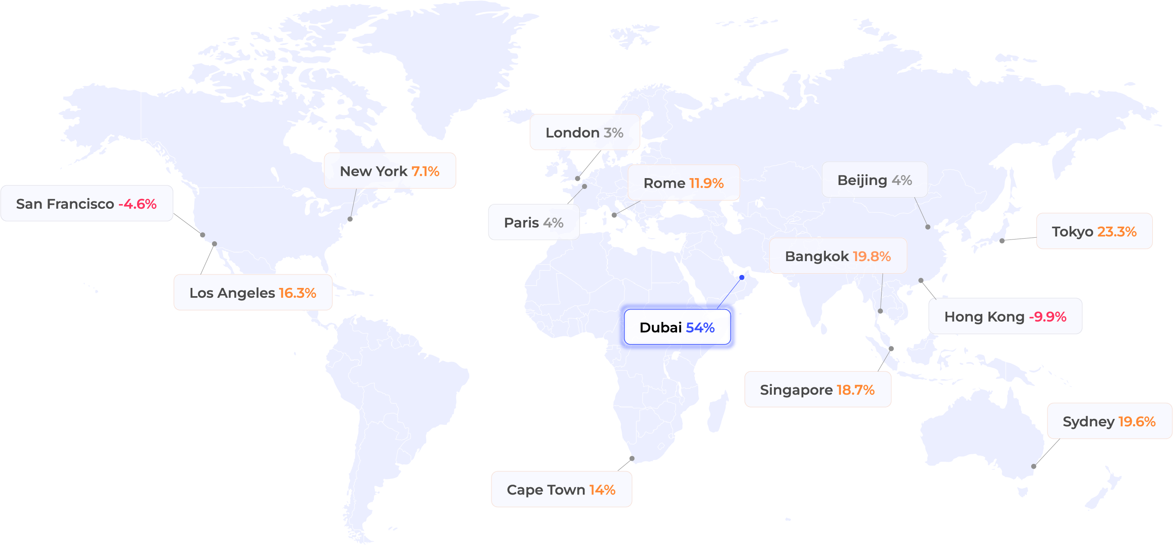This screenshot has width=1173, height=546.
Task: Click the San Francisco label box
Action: (x=86, y=204)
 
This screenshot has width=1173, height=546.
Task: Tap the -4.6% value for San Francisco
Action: (x=137, y=204)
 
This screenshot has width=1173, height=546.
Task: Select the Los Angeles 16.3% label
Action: (x=253, y=292)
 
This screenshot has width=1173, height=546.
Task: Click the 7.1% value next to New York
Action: (x=425, y=171)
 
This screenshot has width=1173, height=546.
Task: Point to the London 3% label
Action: (x=585, y=133)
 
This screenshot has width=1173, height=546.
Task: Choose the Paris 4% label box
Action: (x=533, y=222)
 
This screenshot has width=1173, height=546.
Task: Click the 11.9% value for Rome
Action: (x=706, y=183)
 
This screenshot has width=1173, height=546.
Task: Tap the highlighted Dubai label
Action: (x=677, y=327)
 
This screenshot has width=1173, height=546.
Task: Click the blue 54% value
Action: (x=700, y=327)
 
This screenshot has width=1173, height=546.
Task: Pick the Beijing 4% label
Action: (x=874, y=180)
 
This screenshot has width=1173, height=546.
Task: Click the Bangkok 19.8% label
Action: (x=838, y=256)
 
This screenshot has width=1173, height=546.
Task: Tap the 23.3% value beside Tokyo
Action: (x=1116, y=231)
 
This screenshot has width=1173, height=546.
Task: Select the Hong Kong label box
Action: (x=1005, y=316)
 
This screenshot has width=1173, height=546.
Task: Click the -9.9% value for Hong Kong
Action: (x=1047, y=316)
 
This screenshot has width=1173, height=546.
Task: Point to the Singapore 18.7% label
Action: (x=817, y=390)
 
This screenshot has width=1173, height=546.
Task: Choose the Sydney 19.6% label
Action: (x=1109, y=421)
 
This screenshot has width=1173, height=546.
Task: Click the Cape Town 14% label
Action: (x=561, y=489)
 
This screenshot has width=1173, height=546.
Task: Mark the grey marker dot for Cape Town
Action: (x=632, y=459)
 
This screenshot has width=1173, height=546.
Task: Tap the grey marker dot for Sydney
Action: (x=1034, y=466)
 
